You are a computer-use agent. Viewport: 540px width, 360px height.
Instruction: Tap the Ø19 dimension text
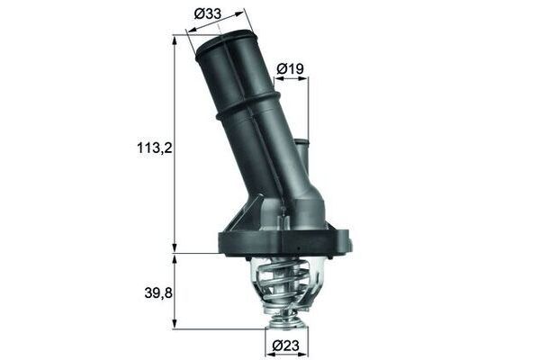click(x=289, y=67)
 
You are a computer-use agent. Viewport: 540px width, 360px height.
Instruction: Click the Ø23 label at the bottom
click(x=286, y=345)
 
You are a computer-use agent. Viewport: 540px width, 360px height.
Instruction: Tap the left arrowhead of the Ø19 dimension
click(x=276, y=79)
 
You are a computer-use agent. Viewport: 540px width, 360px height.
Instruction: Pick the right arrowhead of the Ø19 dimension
click(x=305, y=79)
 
